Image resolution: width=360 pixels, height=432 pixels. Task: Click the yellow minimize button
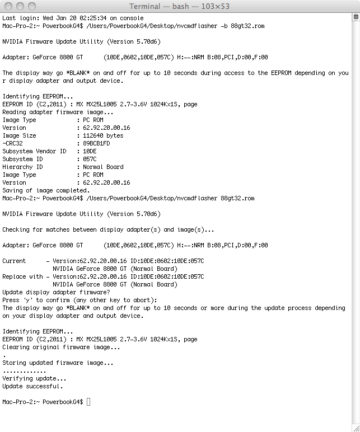pos(21,6)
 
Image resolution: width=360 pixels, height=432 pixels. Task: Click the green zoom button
pos(32,6)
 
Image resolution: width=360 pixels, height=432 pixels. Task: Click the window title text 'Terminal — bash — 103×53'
pos(179,6)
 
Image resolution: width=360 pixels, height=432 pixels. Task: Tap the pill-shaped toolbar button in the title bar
pos(348,6)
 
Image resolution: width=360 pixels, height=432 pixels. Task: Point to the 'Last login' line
pos(73,18)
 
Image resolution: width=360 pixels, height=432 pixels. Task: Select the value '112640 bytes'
pos(103,135)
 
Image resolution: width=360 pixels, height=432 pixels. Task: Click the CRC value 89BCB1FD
pos(96,143)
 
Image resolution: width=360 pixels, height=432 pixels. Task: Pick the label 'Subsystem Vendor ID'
pos(34,151)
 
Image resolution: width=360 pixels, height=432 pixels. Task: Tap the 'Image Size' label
pos(19,135)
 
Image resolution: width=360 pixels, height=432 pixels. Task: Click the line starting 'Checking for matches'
pos(112,229)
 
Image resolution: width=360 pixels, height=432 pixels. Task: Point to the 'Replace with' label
pos(22,276)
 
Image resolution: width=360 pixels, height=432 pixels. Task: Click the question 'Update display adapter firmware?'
pos(56,292)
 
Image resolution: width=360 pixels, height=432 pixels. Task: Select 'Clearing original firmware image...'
pos(61,347)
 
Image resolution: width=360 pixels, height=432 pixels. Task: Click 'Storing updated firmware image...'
pos(58,363)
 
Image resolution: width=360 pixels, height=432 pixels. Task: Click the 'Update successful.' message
pos(32,386)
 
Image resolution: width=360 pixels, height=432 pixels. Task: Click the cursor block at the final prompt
pos(88,402)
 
